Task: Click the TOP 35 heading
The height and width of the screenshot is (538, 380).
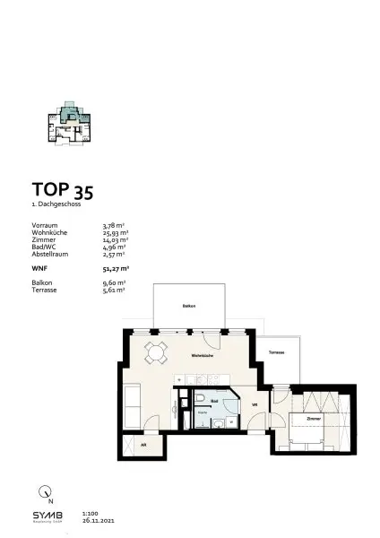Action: tap(62, 190)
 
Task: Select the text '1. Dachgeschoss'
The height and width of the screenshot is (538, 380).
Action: tap(53, 205)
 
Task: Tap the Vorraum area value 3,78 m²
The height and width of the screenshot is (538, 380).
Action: tap(116, 225)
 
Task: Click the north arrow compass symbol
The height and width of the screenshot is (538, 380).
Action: tap(45, 491)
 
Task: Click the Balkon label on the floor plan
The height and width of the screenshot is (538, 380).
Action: tap(189, 307)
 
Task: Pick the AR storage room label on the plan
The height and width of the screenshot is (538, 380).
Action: tap(142, 446)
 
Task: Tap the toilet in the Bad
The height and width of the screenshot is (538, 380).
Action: tap(204, 400)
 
